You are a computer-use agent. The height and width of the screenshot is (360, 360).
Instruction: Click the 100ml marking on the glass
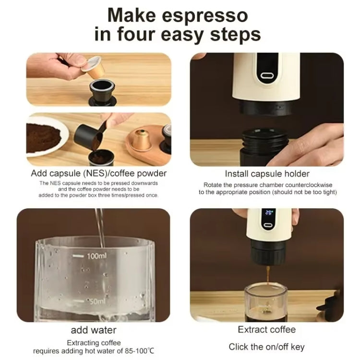pyautogui.click(x=96, y=256)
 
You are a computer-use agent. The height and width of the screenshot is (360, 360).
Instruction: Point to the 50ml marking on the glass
pyautogui.click(x=96, y=301)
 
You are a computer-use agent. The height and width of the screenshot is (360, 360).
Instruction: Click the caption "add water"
pyautogui.click(x=94, y=330)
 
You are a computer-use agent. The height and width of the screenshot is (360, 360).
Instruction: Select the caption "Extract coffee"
pyautogui.click(x=267, y=330)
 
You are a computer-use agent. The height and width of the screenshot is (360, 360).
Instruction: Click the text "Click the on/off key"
pyautogui.click(x=266, y=347)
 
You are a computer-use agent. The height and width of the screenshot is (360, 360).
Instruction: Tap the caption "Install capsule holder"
pyautogui.click(x=267, y=174)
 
